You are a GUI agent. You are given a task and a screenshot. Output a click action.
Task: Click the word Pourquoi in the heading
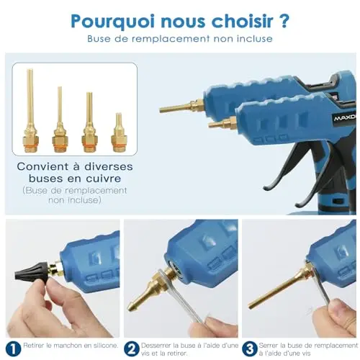113,22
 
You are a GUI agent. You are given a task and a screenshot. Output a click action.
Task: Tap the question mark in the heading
284,21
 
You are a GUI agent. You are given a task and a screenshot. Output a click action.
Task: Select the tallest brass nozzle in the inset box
30,110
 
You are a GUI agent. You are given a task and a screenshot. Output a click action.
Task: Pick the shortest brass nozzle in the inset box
117,132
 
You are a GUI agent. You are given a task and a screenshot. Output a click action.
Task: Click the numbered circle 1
13,349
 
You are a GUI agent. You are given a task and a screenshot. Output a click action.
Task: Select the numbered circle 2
132,349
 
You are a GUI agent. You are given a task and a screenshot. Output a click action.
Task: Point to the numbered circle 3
250,349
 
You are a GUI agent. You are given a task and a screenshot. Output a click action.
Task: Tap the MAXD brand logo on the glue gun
345,119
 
